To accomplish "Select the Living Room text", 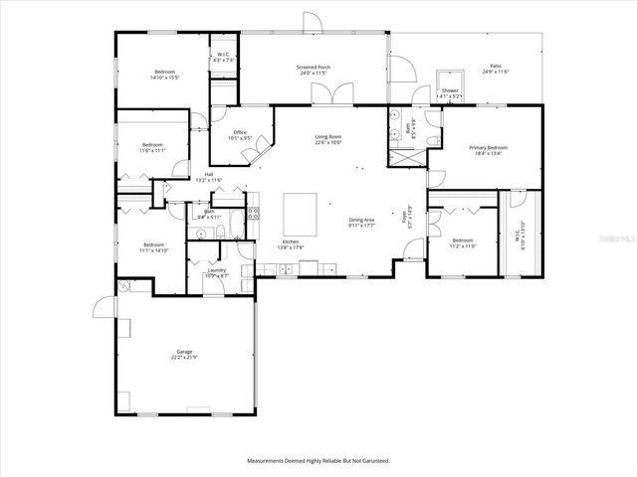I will point(328,138).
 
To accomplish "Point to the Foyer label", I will point(405,220).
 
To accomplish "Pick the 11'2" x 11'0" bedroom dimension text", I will point(464,245).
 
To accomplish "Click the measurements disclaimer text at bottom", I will point(318,460).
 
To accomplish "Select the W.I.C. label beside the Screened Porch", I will point(224,57).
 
